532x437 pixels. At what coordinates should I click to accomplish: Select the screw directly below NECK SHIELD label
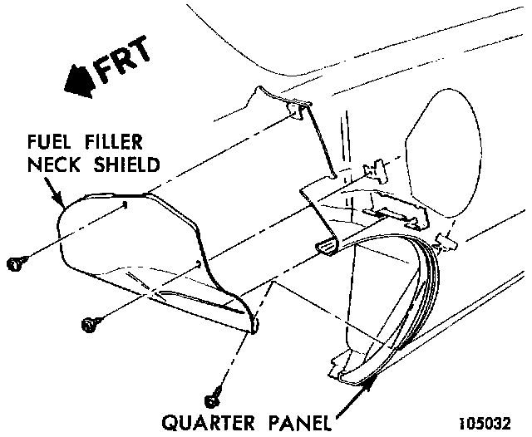pyautogui.click(x=14, y=264)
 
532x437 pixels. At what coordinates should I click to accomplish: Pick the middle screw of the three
pyautogui.click(x=89, y=323)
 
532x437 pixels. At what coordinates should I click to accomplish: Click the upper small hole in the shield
pyautogui.click(x=125, y=204)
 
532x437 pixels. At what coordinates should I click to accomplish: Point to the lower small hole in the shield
pyautogui.click(x=196, y=263)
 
